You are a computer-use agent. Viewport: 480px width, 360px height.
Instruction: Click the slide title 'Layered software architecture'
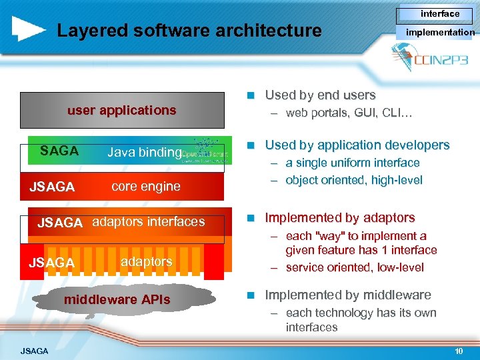coord(189,31)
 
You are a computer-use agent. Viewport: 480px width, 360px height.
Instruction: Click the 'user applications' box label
coord(122,110)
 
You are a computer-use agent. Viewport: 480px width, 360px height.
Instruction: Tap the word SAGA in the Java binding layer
coord(59,151)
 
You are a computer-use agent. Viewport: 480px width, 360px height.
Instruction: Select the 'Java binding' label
coord(144,153)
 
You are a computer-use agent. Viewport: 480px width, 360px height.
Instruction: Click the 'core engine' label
coord(146,187)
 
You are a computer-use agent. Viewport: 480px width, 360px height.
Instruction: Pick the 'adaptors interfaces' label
coord(148,222)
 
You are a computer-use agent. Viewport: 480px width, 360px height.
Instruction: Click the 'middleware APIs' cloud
coord(117,300)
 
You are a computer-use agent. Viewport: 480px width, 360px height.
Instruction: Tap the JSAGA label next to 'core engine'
coord(52,187)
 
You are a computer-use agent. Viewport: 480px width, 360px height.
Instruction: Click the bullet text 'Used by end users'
coord(320,95)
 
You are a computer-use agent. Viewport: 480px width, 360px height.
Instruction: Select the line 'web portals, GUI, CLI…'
coord(349,113)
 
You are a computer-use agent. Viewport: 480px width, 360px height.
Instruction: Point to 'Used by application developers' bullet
coord(357,145)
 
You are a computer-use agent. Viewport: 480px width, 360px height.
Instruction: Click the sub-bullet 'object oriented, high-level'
coord(353,180)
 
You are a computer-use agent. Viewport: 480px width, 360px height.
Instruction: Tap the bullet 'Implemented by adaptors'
coord(340,217)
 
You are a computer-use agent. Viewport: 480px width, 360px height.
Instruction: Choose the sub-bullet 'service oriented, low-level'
coord(355,267)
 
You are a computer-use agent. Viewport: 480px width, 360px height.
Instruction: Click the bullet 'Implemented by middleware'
coord(348,295)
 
